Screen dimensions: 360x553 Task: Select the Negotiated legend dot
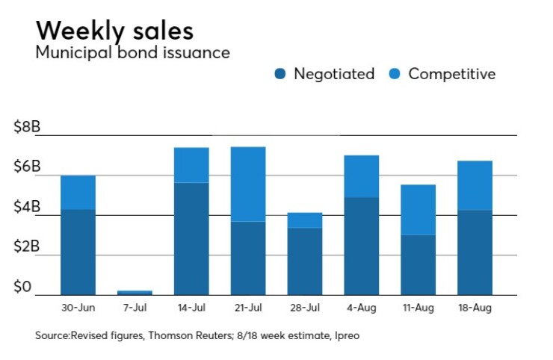pos(281,74)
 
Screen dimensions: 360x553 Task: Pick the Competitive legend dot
pos(395,74)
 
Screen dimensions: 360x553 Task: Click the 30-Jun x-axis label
pos(78,306)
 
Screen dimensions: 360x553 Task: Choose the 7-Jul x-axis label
pos(135,306)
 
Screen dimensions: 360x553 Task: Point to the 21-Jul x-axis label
pos(248,306)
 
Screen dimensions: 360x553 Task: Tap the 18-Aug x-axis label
pos(475,306)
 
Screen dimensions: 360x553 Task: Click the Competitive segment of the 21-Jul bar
pos(248,184)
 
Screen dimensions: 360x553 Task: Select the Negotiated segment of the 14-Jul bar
pos(191,238)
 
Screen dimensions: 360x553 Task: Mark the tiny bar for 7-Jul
pos(135,292)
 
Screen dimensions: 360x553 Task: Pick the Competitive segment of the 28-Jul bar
pos(305,220)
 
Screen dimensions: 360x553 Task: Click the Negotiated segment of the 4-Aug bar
pos(362,246)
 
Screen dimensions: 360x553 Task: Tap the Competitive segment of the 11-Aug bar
pos(418,210)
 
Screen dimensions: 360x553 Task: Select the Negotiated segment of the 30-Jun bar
pos(78,252)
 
